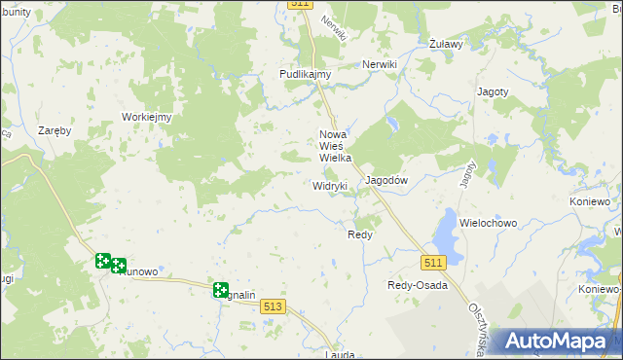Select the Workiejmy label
tap(147, 118)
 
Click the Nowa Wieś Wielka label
tap(335, 146)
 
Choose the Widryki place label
tap(330, 185)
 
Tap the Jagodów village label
tap(385, 180)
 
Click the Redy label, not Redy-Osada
tap(360, 234)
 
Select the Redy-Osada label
tap(417, 285)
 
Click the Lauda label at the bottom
tap(340, 355)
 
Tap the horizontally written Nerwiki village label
tap(380, 64)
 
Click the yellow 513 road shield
tap(274, 306)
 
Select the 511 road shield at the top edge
tap(300, 5)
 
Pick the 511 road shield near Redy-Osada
tap(434, 263)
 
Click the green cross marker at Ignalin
tap(221, 290)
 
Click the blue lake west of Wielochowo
tap(445, 232)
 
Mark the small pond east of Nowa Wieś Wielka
tap(390, 125)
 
